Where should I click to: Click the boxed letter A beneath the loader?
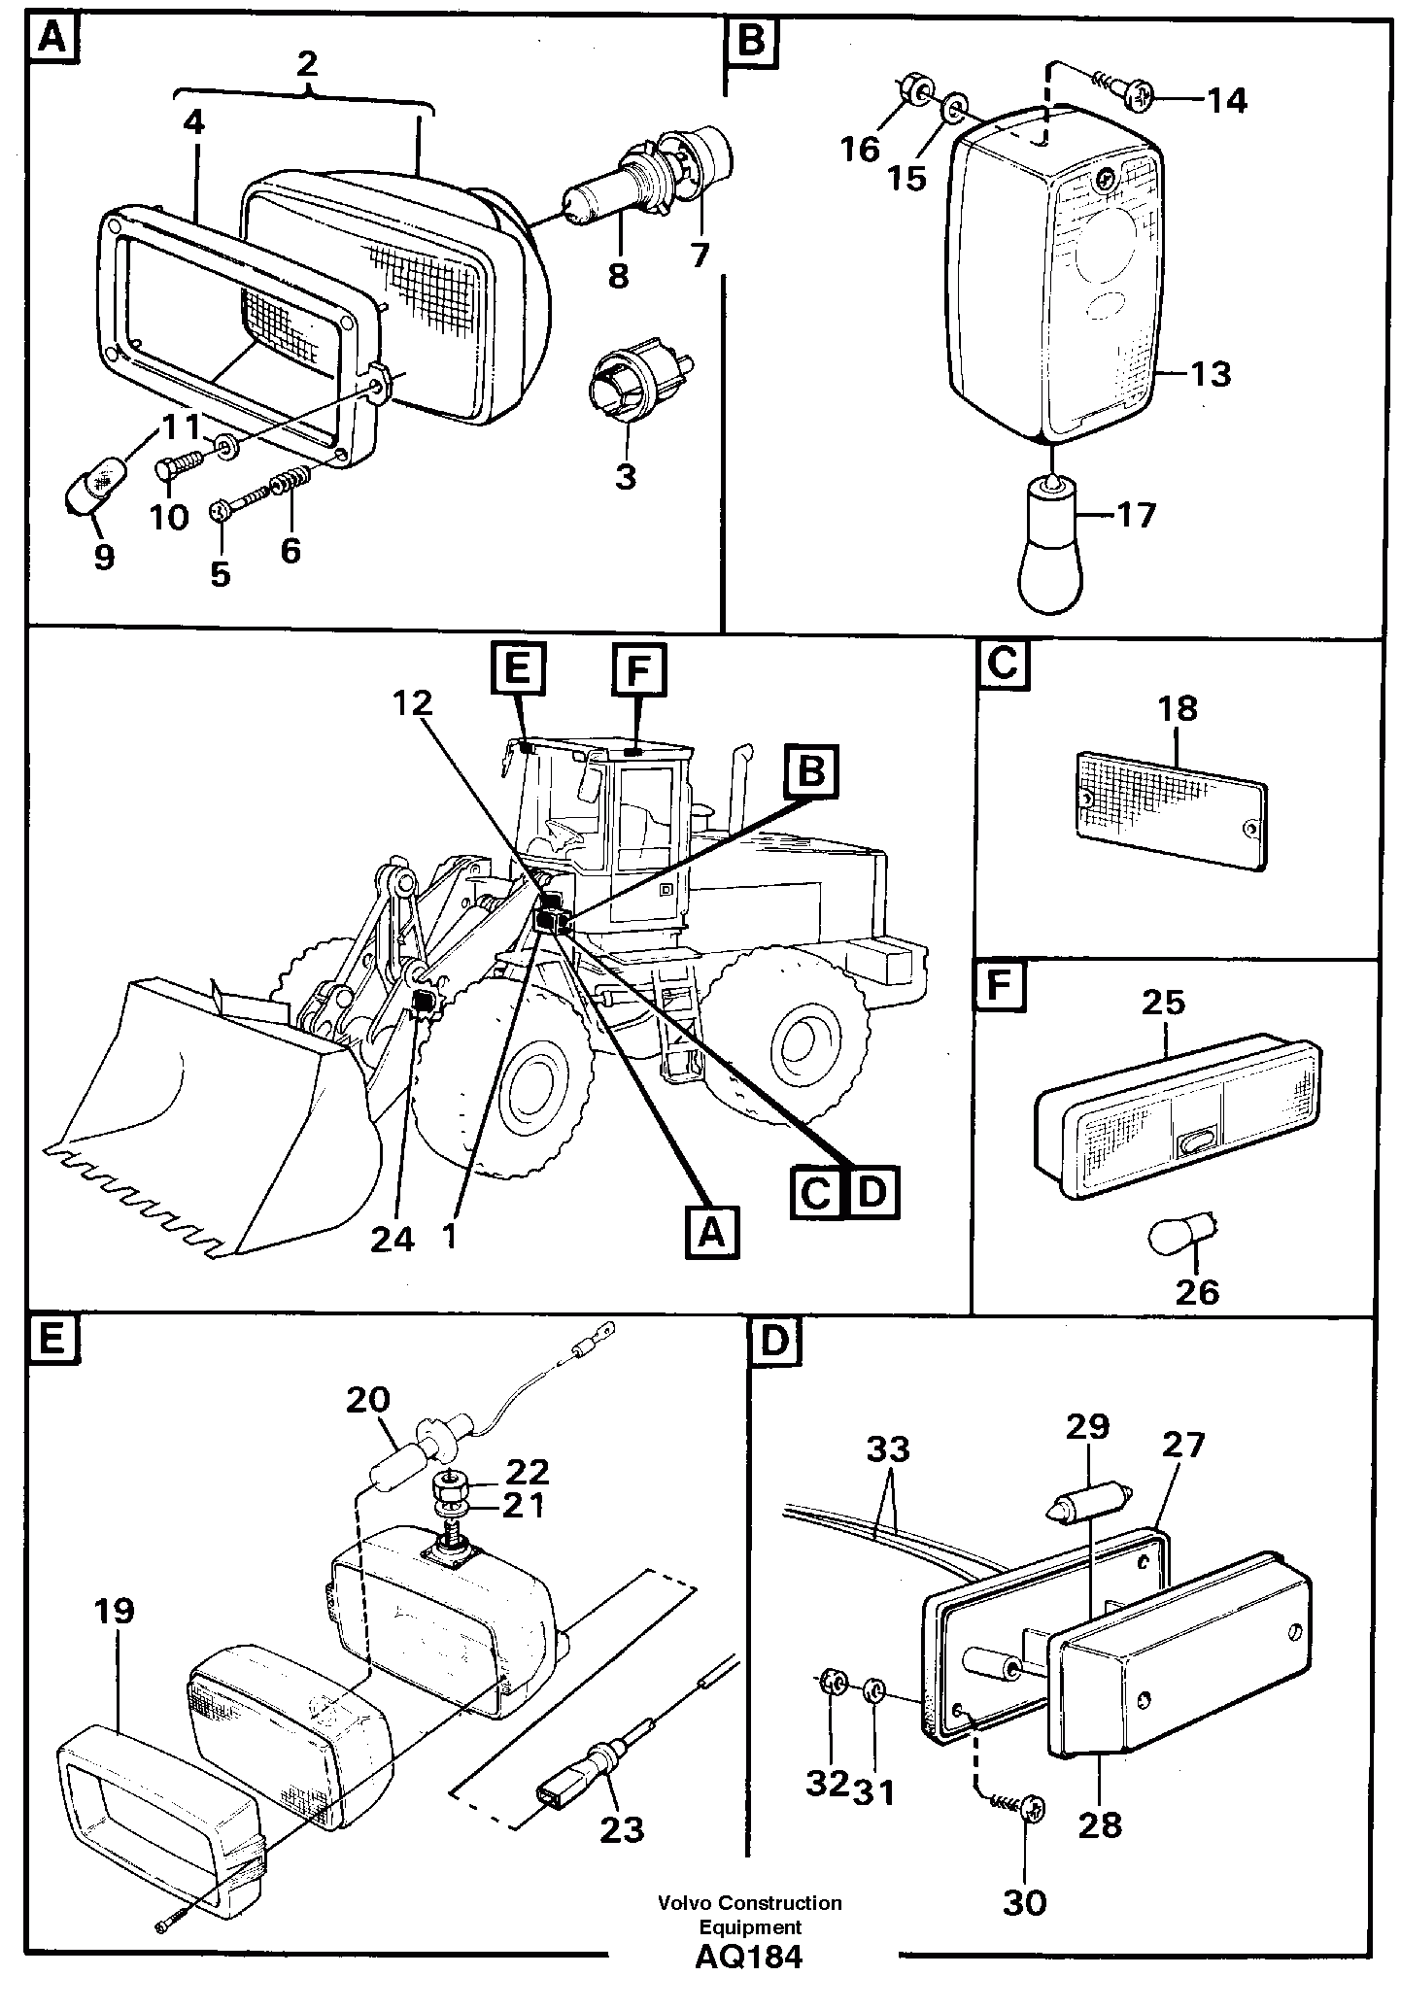click(711, 1233)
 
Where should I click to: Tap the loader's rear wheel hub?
click(802, 1042)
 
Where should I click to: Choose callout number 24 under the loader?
click(393, 1240)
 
